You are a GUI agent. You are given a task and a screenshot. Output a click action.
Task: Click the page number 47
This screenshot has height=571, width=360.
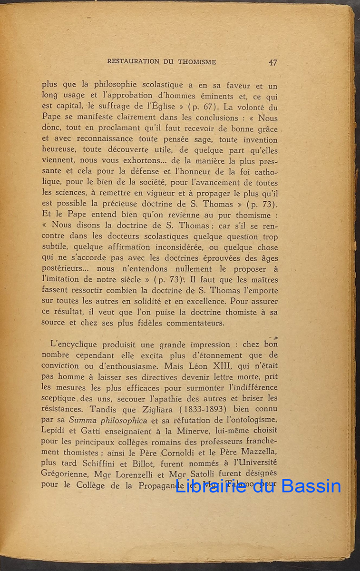[x=273, y=62]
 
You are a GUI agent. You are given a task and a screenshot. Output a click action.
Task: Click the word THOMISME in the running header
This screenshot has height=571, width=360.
[x=197, y=62]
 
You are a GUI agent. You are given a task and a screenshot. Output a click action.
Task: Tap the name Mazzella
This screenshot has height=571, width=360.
[x=257, y=452]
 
